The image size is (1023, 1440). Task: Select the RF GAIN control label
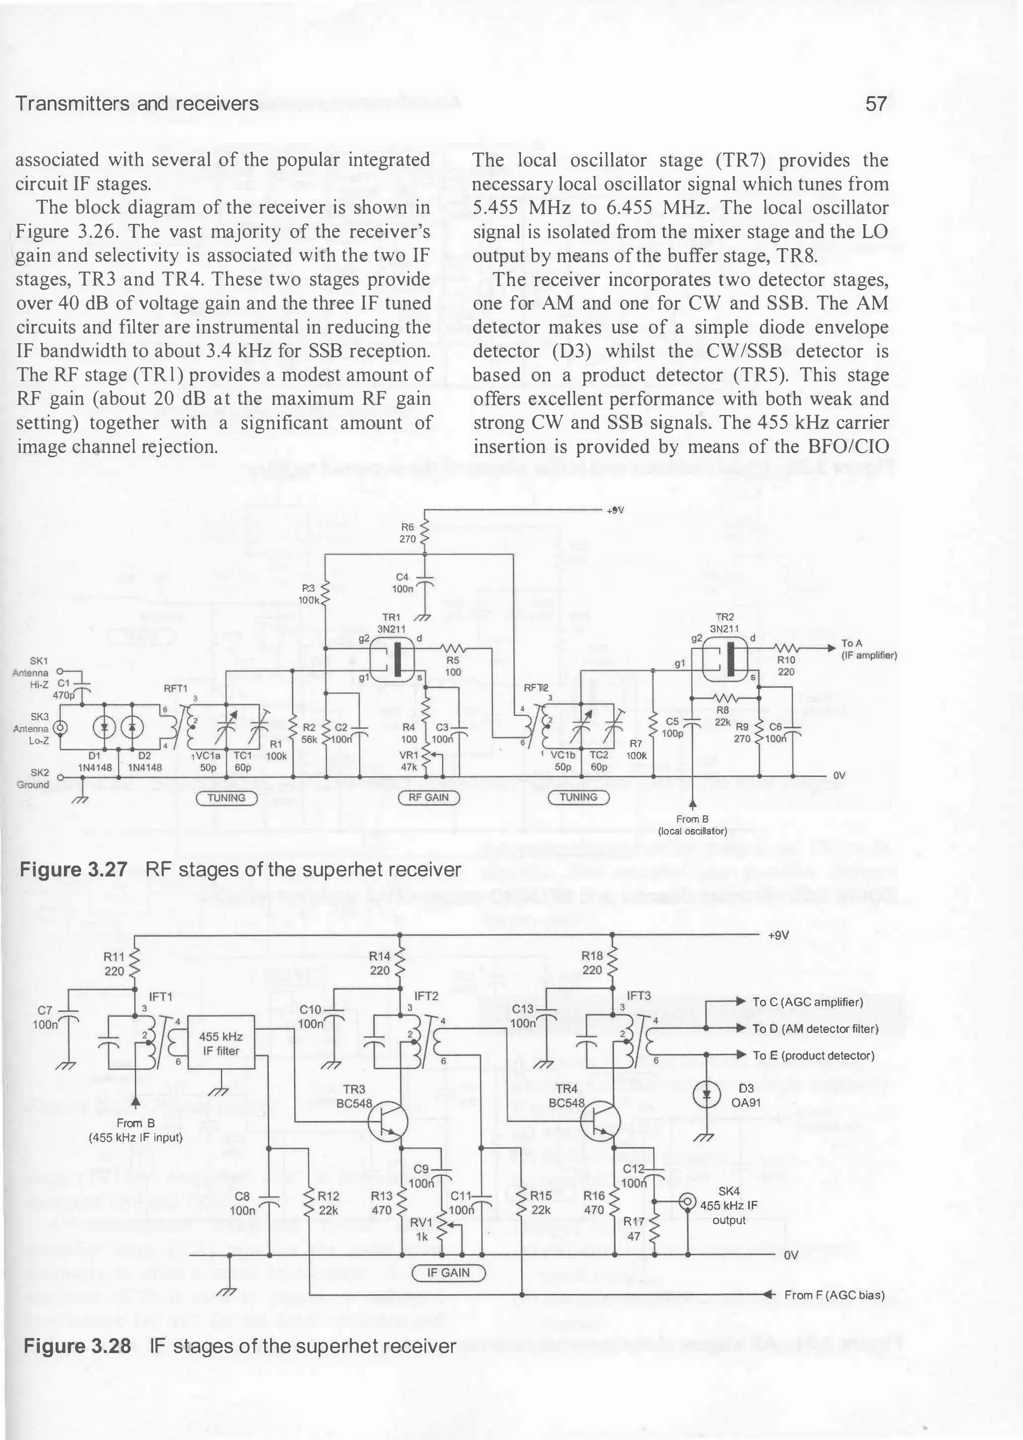pos(430,798)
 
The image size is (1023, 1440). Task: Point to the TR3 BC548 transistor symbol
pos(386,1122)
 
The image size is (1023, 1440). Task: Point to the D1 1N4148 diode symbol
pos(103,728)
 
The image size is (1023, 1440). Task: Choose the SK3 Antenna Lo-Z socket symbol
pos(61,728)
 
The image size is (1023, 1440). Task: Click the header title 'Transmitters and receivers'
pos(137,103)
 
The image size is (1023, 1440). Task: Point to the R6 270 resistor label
pos(406,532)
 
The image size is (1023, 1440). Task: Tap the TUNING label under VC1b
pos(578,798)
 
